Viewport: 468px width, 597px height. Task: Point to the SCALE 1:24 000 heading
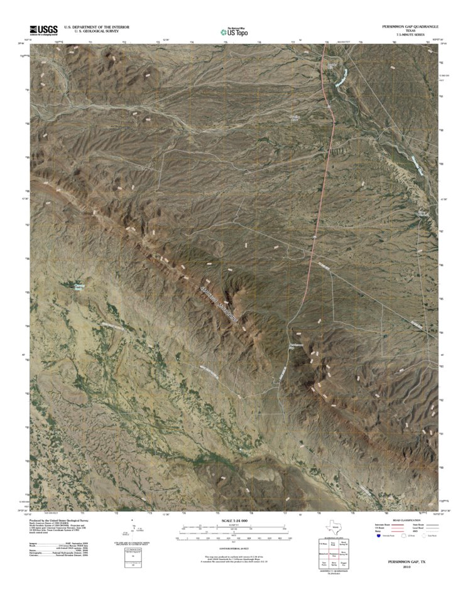pos(233,521)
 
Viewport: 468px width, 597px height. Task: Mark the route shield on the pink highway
pos(329,107)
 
